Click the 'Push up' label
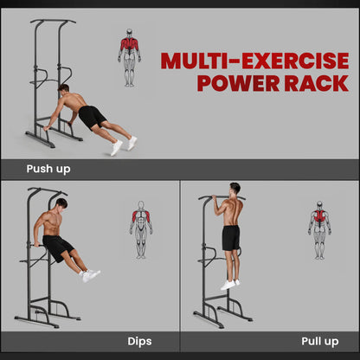tap(48, 169)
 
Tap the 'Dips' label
tap(139, 341)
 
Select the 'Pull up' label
tap(319, 341)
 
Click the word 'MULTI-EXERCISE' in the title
tap(254, 61)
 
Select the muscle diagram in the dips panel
tap(141, 229)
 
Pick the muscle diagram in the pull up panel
tap(319, 229)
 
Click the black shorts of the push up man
tap(92, 116)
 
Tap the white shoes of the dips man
tap(90, 275)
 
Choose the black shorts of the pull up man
tap(230, 237)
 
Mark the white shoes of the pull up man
tap(228, 284)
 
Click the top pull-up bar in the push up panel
tap(52, 21)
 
